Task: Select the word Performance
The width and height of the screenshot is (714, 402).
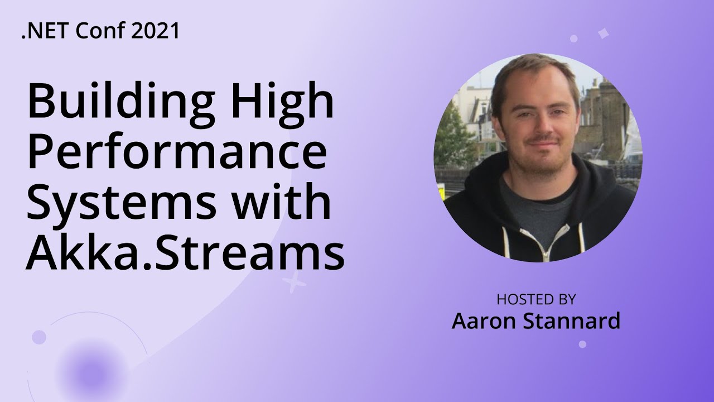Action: point(176,155)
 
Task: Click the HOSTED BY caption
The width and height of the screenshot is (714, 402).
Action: point(535,299)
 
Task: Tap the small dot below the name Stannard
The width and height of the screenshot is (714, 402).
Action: point(582,344)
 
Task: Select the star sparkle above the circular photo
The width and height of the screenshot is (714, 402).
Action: point(603,33)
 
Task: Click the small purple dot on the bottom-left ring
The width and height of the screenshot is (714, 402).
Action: point(38,337)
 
